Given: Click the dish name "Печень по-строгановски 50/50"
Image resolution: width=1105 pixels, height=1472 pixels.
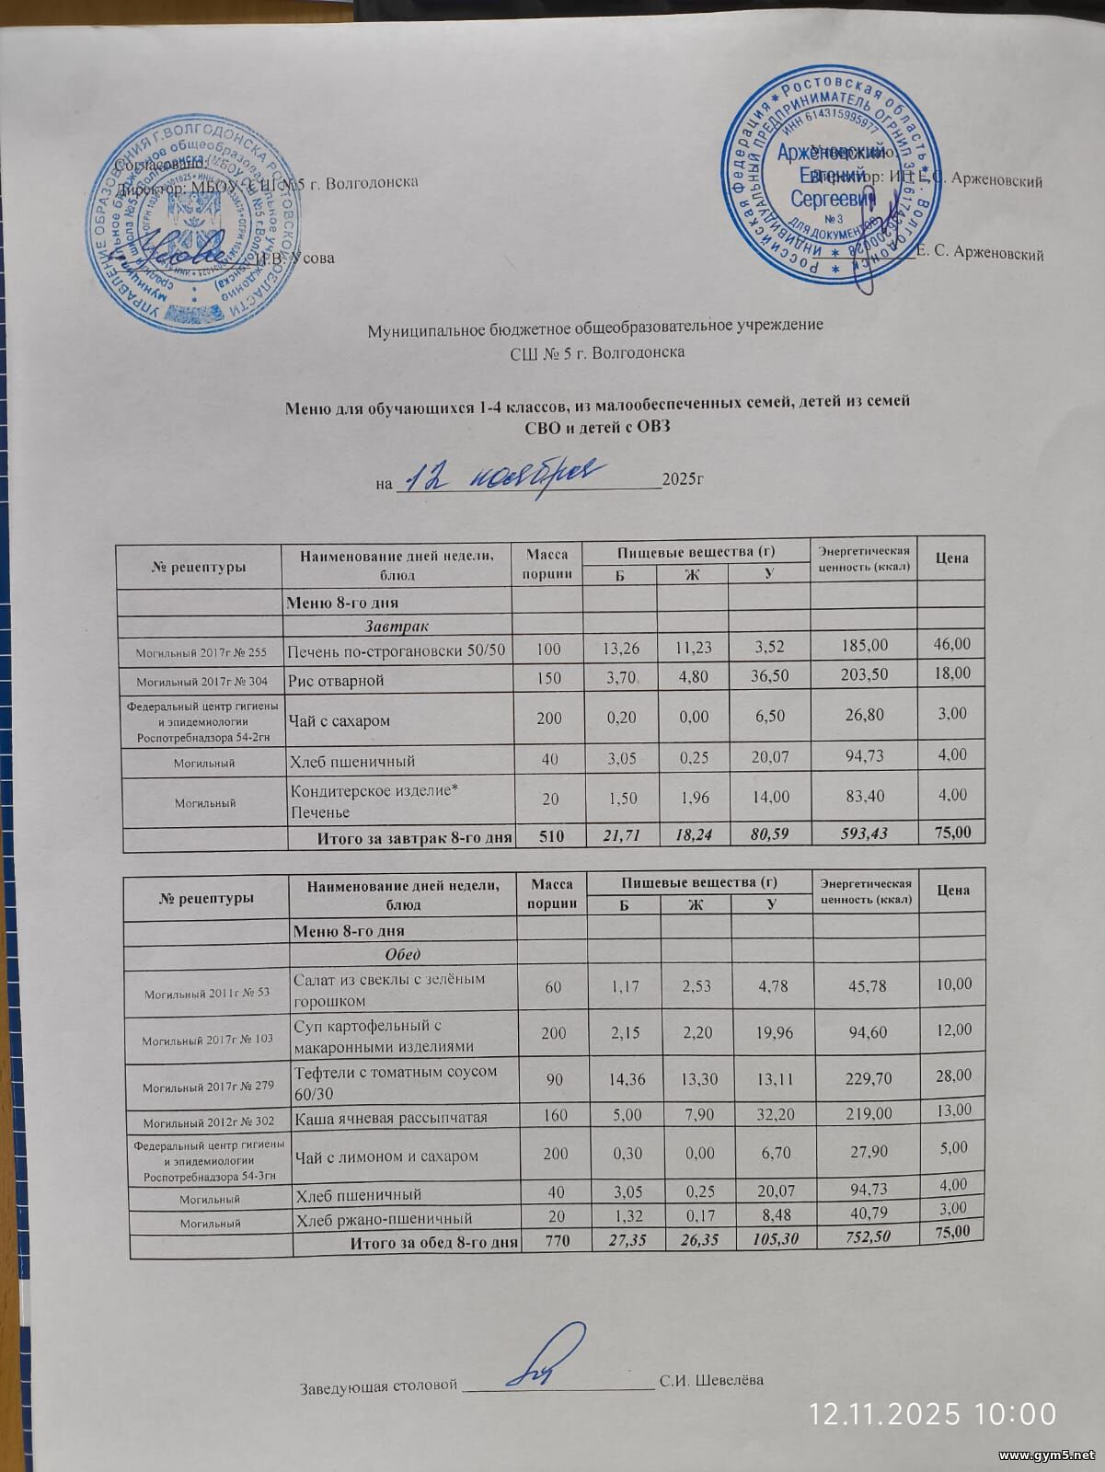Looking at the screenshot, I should click(397, 651).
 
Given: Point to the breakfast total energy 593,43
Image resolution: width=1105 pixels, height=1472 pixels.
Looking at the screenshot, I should click(864, 834).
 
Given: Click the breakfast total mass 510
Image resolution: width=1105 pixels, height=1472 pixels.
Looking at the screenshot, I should click(547, 835).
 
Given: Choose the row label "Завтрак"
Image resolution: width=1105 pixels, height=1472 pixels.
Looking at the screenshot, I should click(396, 626).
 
